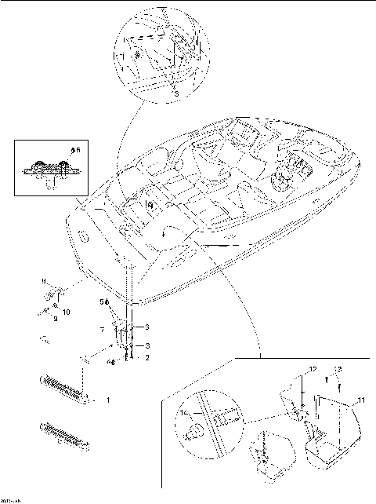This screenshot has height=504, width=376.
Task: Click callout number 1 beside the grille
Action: (107, 400)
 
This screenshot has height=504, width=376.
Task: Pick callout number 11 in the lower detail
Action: (361, 401)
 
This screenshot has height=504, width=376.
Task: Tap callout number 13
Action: (338, 367)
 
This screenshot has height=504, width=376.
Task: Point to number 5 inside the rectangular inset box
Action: (75, 148)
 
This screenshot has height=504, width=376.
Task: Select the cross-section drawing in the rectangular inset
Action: (49, 169)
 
